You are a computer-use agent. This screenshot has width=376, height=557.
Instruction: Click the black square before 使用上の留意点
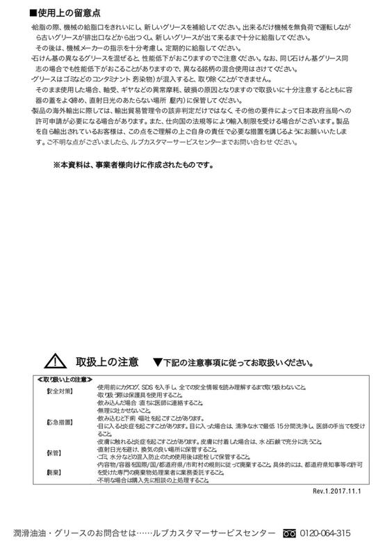[x=33, y=13]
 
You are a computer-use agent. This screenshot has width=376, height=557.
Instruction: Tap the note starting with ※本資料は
[x=133, y=166]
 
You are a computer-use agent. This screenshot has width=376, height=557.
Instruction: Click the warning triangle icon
[x=54, y=362]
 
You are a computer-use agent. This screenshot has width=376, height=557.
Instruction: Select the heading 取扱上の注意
[x=103, y=363]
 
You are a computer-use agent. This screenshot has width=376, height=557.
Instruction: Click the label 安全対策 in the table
[x=59, y=392]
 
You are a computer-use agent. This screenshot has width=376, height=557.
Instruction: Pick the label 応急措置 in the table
[x=59, y=423]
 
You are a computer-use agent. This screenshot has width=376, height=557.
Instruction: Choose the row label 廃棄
[x=54, y=471]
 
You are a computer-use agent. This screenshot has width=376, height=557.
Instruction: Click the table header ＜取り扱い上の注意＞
[x=65, y=379]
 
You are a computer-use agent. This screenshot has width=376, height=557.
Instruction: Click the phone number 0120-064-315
[x=325, y=534]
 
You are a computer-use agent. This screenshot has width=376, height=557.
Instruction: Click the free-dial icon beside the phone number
[x=290, y=534]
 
